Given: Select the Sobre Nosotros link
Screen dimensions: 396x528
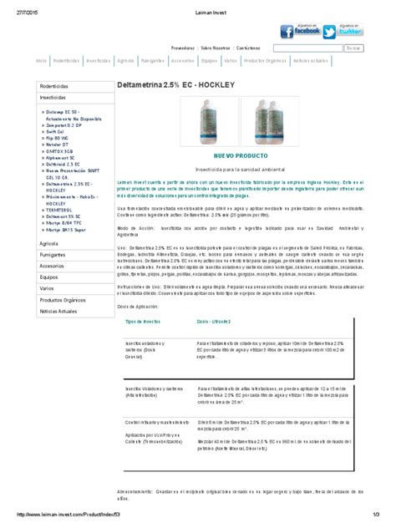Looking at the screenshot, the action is pyautogui.click(x=216, y=48).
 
